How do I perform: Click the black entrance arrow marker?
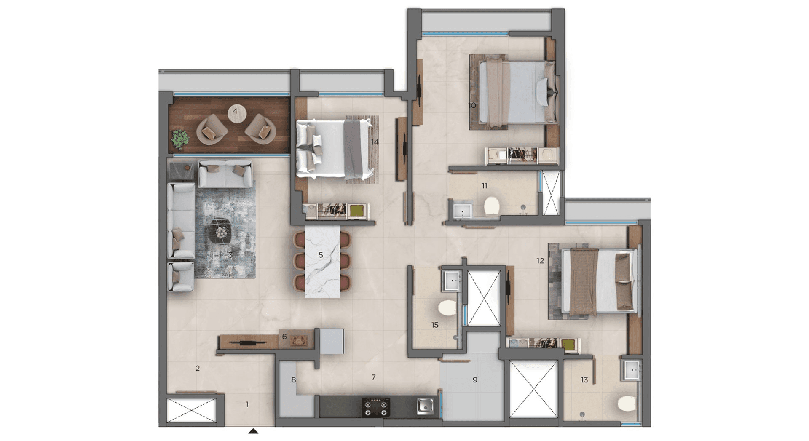coord(253,431)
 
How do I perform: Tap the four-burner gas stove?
coord(376,407)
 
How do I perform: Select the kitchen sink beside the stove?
coord(425,406)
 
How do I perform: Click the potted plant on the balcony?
coord(180,139)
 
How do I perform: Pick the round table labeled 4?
coord(236,112)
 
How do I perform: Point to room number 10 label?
coord(472,105)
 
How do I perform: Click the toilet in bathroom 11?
coord(491,206)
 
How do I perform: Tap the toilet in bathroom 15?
coord(447,307)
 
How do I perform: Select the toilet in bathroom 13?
coord(627,403)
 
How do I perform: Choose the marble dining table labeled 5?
coord(322,261)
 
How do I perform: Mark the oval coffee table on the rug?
coord(221,231)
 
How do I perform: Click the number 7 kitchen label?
coord(373,377)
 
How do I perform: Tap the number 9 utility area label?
coord(475,380)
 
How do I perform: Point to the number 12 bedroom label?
coord(540,261)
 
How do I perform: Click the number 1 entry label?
coord(247,404)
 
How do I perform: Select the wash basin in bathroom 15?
coord(452,280)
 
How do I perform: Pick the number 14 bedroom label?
coord(375,142)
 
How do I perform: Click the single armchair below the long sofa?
coord(180,277)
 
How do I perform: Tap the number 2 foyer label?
coord(197,369)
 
